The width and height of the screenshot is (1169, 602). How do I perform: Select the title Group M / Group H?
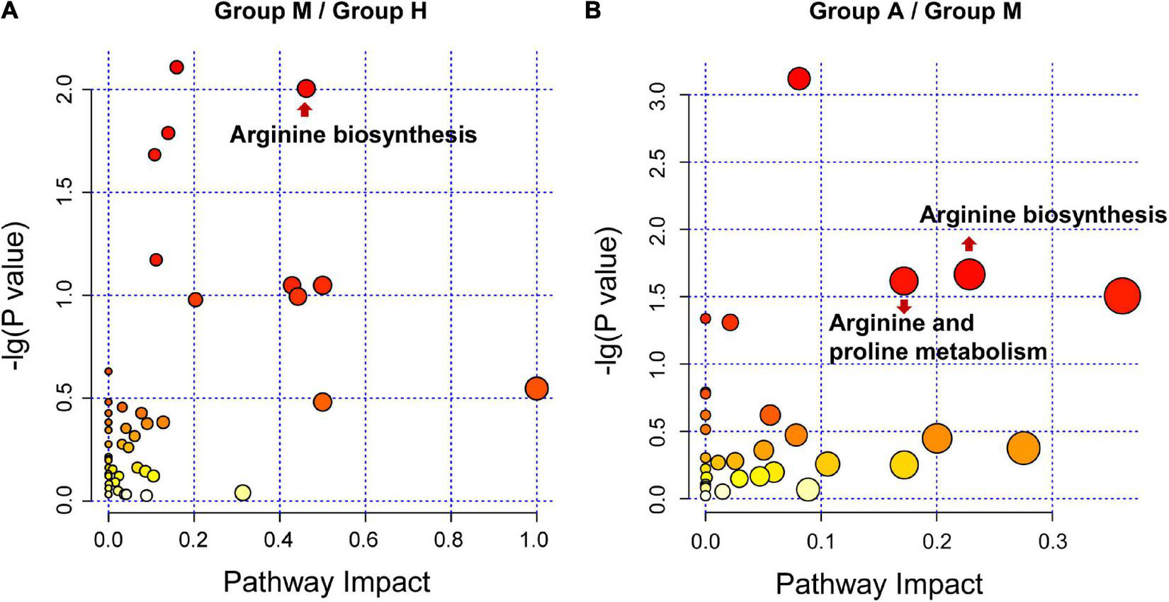click(320, 11)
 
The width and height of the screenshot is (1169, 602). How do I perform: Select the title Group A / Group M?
click(915, 11)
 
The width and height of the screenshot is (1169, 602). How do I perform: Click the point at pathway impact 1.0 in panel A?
click(536, 389)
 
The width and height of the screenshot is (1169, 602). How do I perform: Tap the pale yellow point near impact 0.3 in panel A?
click(242, 493)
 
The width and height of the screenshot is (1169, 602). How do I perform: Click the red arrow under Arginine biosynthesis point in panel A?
click(304, 109)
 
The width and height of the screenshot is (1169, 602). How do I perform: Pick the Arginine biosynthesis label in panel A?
click(353, 135)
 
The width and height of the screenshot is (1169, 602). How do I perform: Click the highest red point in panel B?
click(799, 79)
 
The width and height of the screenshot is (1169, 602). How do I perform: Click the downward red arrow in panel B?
click(903, 306)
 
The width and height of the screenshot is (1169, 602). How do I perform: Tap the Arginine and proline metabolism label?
click(937, 337)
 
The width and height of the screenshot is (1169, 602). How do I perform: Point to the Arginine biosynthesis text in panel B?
click(1042, 215)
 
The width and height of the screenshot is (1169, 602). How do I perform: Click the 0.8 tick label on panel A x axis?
click(451, 540)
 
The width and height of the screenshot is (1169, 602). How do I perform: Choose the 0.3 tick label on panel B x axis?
click(1052, 540)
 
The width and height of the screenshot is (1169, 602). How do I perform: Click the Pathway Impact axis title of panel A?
click(327, 582)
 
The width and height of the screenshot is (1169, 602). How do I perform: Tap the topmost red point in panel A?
click(177, 67)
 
